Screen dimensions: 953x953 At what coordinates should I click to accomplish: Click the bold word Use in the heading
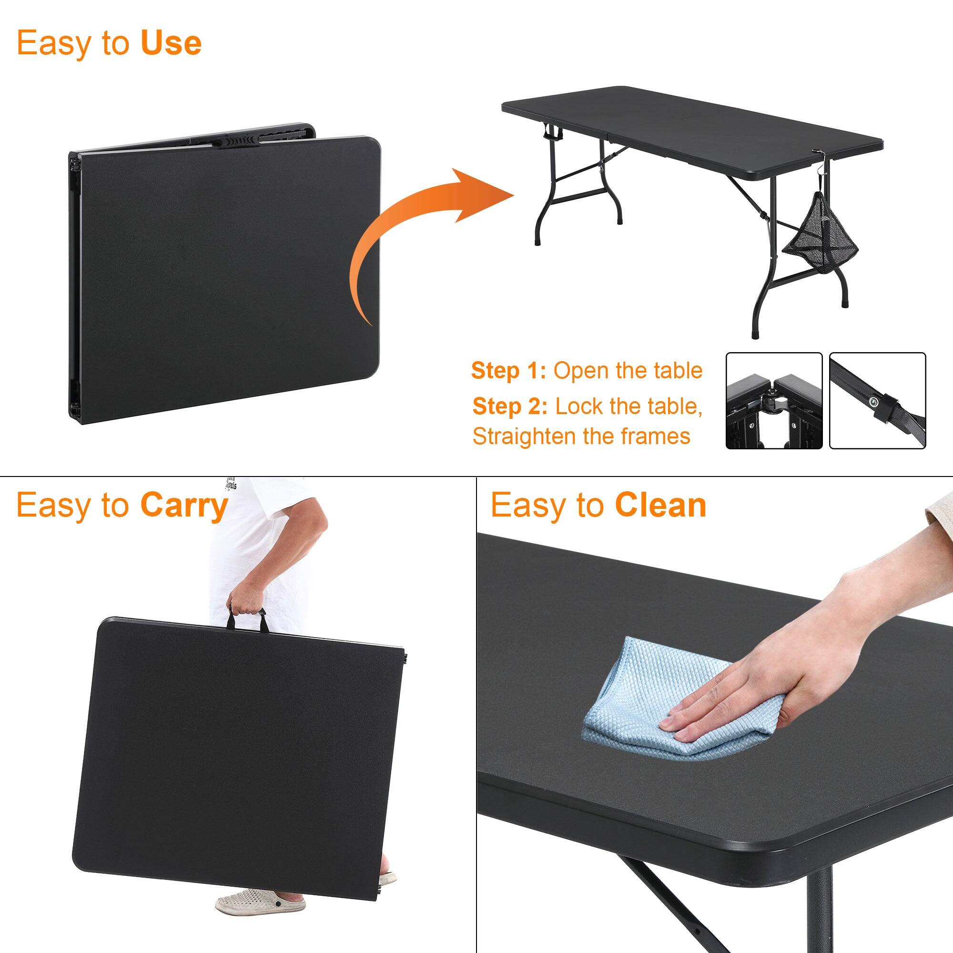tap(171, 43)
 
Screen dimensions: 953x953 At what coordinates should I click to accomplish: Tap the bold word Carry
tap(183, 506)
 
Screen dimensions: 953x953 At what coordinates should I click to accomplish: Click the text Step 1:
tap(508, 371)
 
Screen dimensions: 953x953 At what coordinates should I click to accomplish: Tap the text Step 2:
tap(509, 406)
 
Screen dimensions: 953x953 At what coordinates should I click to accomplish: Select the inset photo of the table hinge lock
tap(773, 401)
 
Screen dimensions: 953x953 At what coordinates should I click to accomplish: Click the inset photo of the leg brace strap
tap(877, 401)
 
